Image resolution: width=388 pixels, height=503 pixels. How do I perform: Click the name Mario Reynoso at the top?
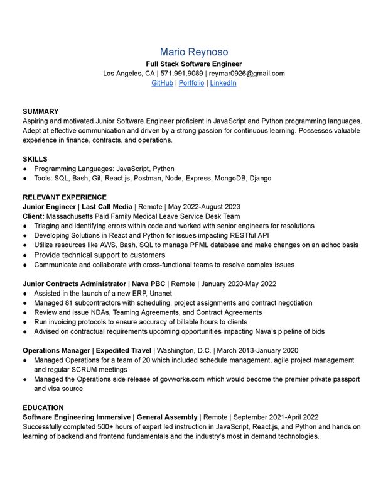tap(193, 52)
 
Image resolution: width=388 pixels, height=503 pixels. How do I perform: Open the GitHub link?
tap(162, 83)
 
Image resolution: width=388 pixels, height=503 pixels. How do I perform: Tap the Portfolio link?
tap(191, 83)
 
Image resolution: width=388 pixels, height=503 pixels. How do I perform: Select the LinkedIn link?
tap(223, 83)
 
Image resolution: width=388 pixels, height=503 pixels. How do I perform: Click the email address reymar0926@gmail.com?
tap(247, 74)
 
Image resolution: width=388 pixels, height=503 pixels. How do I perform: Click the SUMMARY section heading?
tap(41, 111)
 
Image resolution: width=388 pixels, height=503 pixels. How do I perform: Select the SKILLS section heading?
tap(35, 159)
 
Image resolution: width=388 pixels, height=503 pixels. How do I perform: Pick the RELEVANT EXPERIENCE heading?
tap(65, 197)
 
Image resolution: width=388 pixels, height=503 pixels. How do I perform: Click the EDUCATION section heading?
tap(43, 407)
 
